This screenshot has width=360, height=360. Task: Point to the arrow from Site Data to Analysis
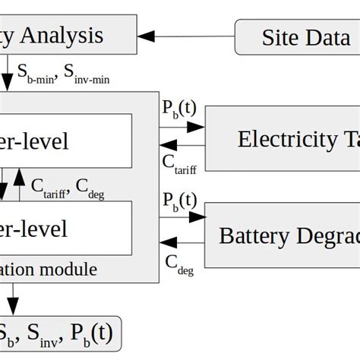click(187, 36)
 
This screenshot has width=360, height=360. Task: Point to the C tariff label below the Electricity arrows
click(180, 163)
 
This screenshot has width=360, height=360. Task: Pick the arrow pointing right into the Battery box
click(182, 217)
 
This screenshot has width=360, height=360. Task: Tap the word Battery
click(247, 235)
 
